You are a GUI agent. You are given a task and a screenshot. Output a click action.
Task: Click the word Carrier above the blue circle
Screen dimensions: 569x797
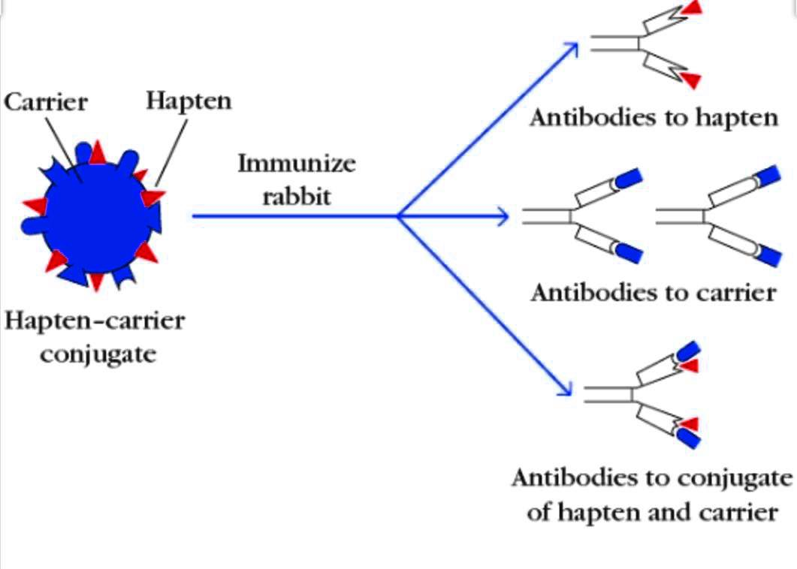tap(46, 101)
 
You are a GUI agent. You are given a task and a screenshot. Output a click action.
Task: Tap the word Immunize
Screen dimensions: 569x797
tap(297, 164)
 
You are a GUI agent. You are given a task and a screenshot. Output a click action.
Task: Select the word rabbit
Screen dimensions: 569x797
tap(297, 197)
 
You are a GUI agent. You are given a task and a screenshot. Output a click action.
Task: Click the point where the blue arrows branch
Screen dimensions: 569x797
tap(398, 217)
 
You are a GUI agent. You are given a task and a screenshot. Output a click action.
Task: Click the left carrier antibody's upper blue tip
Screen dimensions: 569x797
tap(629, 178)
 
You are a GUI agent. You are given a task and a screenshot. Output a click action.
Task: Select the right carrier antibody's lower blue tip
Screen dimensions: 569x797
tap(768, 256)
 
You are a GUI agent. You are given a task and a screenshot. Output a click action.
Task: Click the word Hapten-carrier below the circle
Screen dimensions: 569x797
tap(95, 321)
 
